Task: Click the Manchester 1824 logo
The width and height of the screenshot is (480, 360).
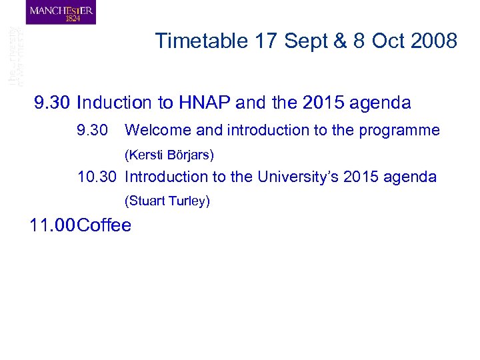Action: (61, 13)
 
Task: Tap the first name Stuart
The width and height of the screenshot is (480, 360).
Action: (145, 201)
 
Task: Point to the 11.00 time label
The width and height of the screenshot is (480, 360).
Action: (52, 225)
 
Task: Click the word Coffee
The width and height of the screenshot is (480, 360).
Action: (104, 225)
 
